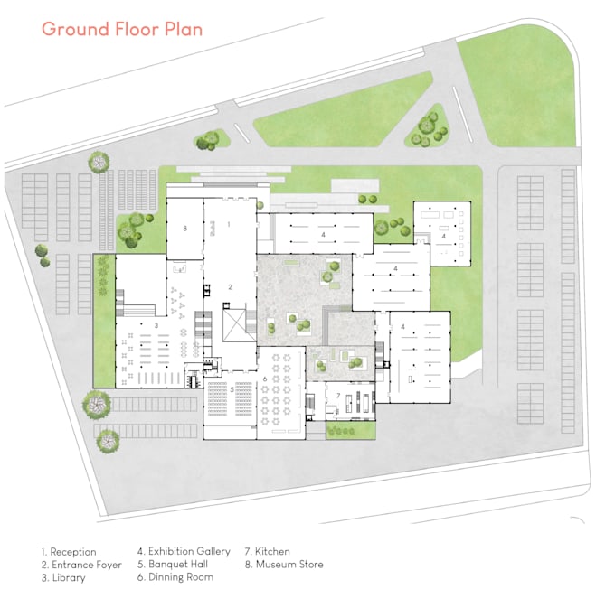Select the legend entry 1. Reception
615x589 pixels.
pyautogui.click(x=69, y=551)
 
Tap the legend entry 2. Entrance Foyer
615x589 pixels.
pyautogui.click(x=81, y=565)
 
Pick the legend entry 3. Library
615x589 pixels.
pyautogui.click(x=63, y=578)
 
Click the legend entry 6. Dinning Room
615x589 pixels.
pyautogui.click(x=175, y=578)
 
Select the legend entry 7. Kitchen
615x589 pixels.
pyautogui.click(x=268, y=551)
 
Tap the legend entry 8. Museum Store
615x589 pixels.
pyautogui.click(x=283, y=565)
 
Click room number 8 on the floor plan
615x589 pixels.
pyautogui.click(x=184, y=229)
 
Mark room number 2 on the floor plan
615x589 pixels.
pyautogui.click(x=230, y=286)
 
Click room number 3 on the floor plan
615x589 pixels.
pyautogui.click(x=156, y=325)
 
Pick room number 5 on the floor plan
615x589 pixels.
pyautogui.click(x=232, y=389)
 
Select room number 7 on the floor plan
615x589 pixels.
pyautogui.click(x=337, y=396)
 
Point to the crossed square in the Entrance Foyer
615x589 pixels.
pyautogui.click(x=233, y=323)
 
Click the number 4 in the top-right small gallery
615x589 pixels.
pyautogui.click(x=444, y=211)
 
